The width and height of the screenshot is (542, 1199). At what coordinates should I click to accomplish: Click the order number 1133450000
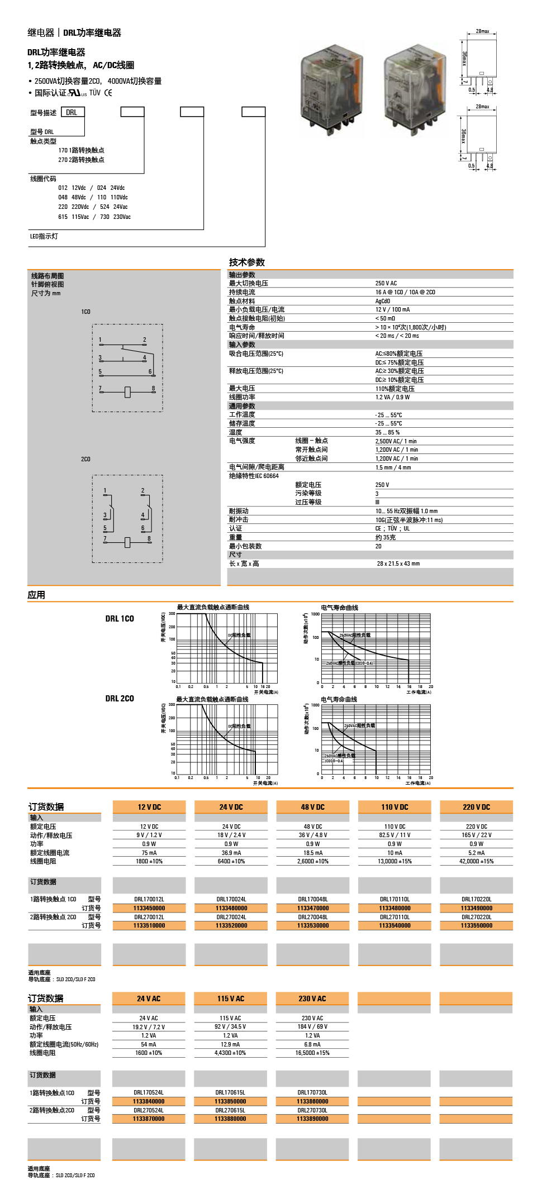pyautogui.click(x=149, y=908)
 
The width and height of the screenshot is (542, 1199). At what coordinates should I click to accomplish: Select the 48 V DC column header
pyautogui.click(x=312, y=807)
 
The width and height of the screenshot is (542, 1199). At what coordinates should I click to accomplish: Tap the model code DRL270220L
pyautogui.click(x=476, y=917)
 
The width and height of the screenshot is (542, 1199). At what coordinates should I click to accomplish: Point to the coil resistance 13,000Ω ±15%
pyautogui.click(x=394, y=861)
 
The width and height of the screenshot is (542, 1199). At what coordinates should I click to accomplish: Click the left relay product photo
pyautogui.click(x=332, y=89)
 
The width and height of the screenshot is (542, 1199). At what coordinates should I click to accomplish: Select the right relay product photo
pyautogui.click(x=415, y=89)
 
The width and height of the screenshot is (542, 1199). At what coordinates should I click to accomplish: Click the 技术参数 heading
pyautogui.click(x=246, y=262)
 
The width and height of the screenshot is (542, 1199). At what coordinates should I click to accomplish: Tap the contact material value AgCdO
pyautogui.click(x=383, y=301)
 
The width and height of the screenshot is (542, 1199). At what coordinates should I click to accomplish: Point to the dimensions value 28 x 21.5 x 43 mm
pyautogui.click(x=398, y=563)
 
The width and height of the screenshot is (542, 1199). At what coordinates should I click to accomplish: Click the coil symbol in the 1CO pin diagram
pyautogui.click(x=127, y=392)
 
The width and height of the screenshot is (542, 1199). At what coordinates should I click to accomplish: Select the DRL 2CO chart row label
pyautogui.click(x=120, y=699)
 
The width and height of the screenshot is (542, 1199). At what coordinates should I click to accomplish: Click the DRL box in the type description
pyautogui.click(x=72, y=112)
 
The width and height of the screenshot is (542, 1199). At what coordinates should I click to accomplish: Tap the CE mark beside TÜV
pyautogui.click(x=108, y=93)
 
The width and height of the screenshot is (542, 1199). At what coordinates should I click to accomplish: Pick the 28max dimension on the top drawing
pyautogui.click(x=482, y=31)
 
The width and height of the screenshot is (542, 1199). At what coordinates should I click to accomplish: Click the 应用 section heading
pyautogui.click(x=36, y=595)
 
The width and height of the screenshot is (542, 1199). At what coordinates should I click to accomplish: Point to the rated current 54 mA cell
pyautogui.click(x=149, y=1044)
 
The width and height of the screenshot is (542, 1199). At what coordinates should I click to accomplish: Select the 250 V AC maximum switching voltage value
pyautogui.click(x=386, y=284)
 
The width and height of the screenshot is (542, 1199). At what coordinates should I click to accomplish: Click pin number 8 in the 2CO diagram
pyautogui.click(x=149, y=539)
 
